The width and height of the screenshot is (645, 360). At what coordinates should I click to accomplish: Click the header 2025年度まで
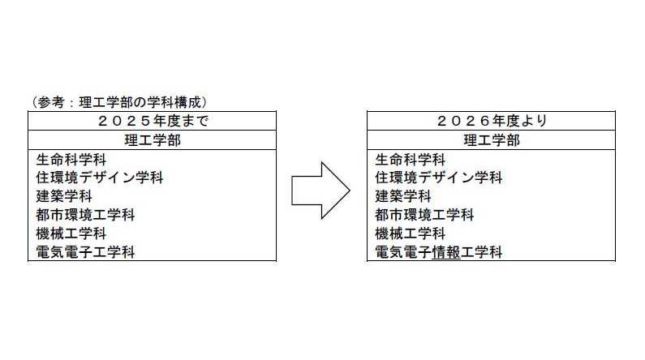[152, 121]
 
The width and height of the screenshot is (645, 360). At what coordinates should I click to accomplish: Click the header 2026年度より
[491, 121]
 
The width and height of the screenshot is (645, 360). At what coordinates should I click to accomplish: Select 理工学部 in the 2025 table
[152, 140]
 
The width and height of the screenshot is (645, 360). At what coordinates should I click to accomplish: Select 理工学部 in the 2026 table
[491, 140]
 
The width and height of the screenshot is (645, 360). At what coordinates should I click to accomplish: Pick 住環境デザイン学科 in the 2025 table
[100, 178]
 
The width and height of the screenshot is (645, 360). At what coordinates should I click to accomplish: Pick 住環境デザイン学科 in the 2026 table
[438, 178]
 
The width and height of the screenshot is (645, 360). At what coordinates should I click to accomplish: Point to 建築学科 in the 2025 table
[64, 196]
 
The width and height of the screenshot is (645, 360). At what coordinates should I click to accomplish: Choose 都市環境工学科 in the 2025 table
[86, 215]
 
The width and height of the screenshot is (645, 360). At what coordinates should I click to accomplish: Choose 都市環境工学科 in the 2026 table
[424, 215]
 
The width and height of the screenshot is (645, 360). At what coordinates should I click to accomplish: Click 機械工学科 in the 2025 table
[72, 234]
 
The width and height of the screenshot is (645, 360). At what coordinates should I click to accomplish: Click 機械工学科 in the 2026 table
[411, 234]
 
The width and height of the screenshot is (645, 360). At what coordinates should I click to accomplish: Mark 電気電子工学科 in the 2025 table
[86, 252]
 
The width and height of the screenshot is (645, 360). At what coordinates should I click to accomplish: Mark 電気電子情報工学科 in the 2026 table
[438, 252]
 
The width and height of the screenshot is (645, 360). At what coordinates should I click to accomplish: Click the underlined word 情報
[445, 252]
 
